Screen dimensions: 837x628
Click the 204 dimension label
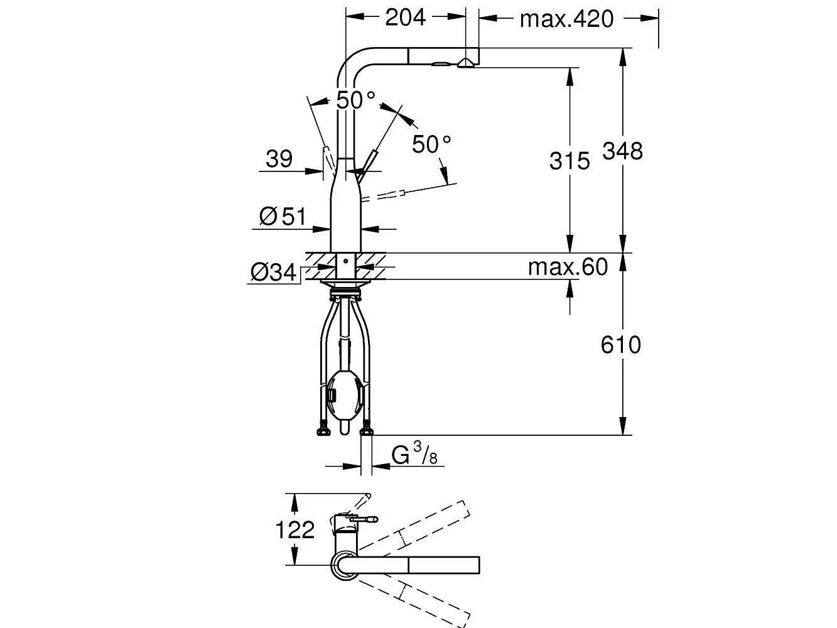[x=406, y=18]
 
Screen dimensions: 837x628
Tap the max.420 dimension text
[x=566, y=19]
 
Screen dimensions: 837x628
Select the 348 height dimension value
[x=622, y=151]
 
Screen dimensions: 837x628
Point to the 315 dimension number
[x=570, y=161]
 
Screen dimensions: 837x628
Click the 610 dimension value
[x=621, y=345]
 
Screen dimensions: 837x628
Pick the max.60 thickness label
[x=568, y=267]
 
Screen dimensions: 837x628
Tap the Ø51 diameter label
[x=283, y=217]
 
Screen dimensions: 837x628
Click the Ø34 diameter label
[x=273, y=273]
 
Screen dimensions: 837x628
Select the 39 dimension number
[x=279, y=159]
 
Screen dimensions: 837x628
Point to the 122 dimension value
[x=294, y=530]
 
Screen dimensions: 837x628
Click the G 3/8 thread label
[x=414, y=455]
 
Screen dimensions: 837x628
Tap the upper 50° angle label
[x=356, y=100]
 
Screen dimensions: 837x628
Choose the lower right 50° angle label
[x=431, y=144]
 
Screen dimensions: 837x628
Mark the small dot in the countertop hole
[x=345, y=261]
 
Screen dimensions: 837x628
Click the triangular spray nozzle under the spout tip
[x=465, y=63]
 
